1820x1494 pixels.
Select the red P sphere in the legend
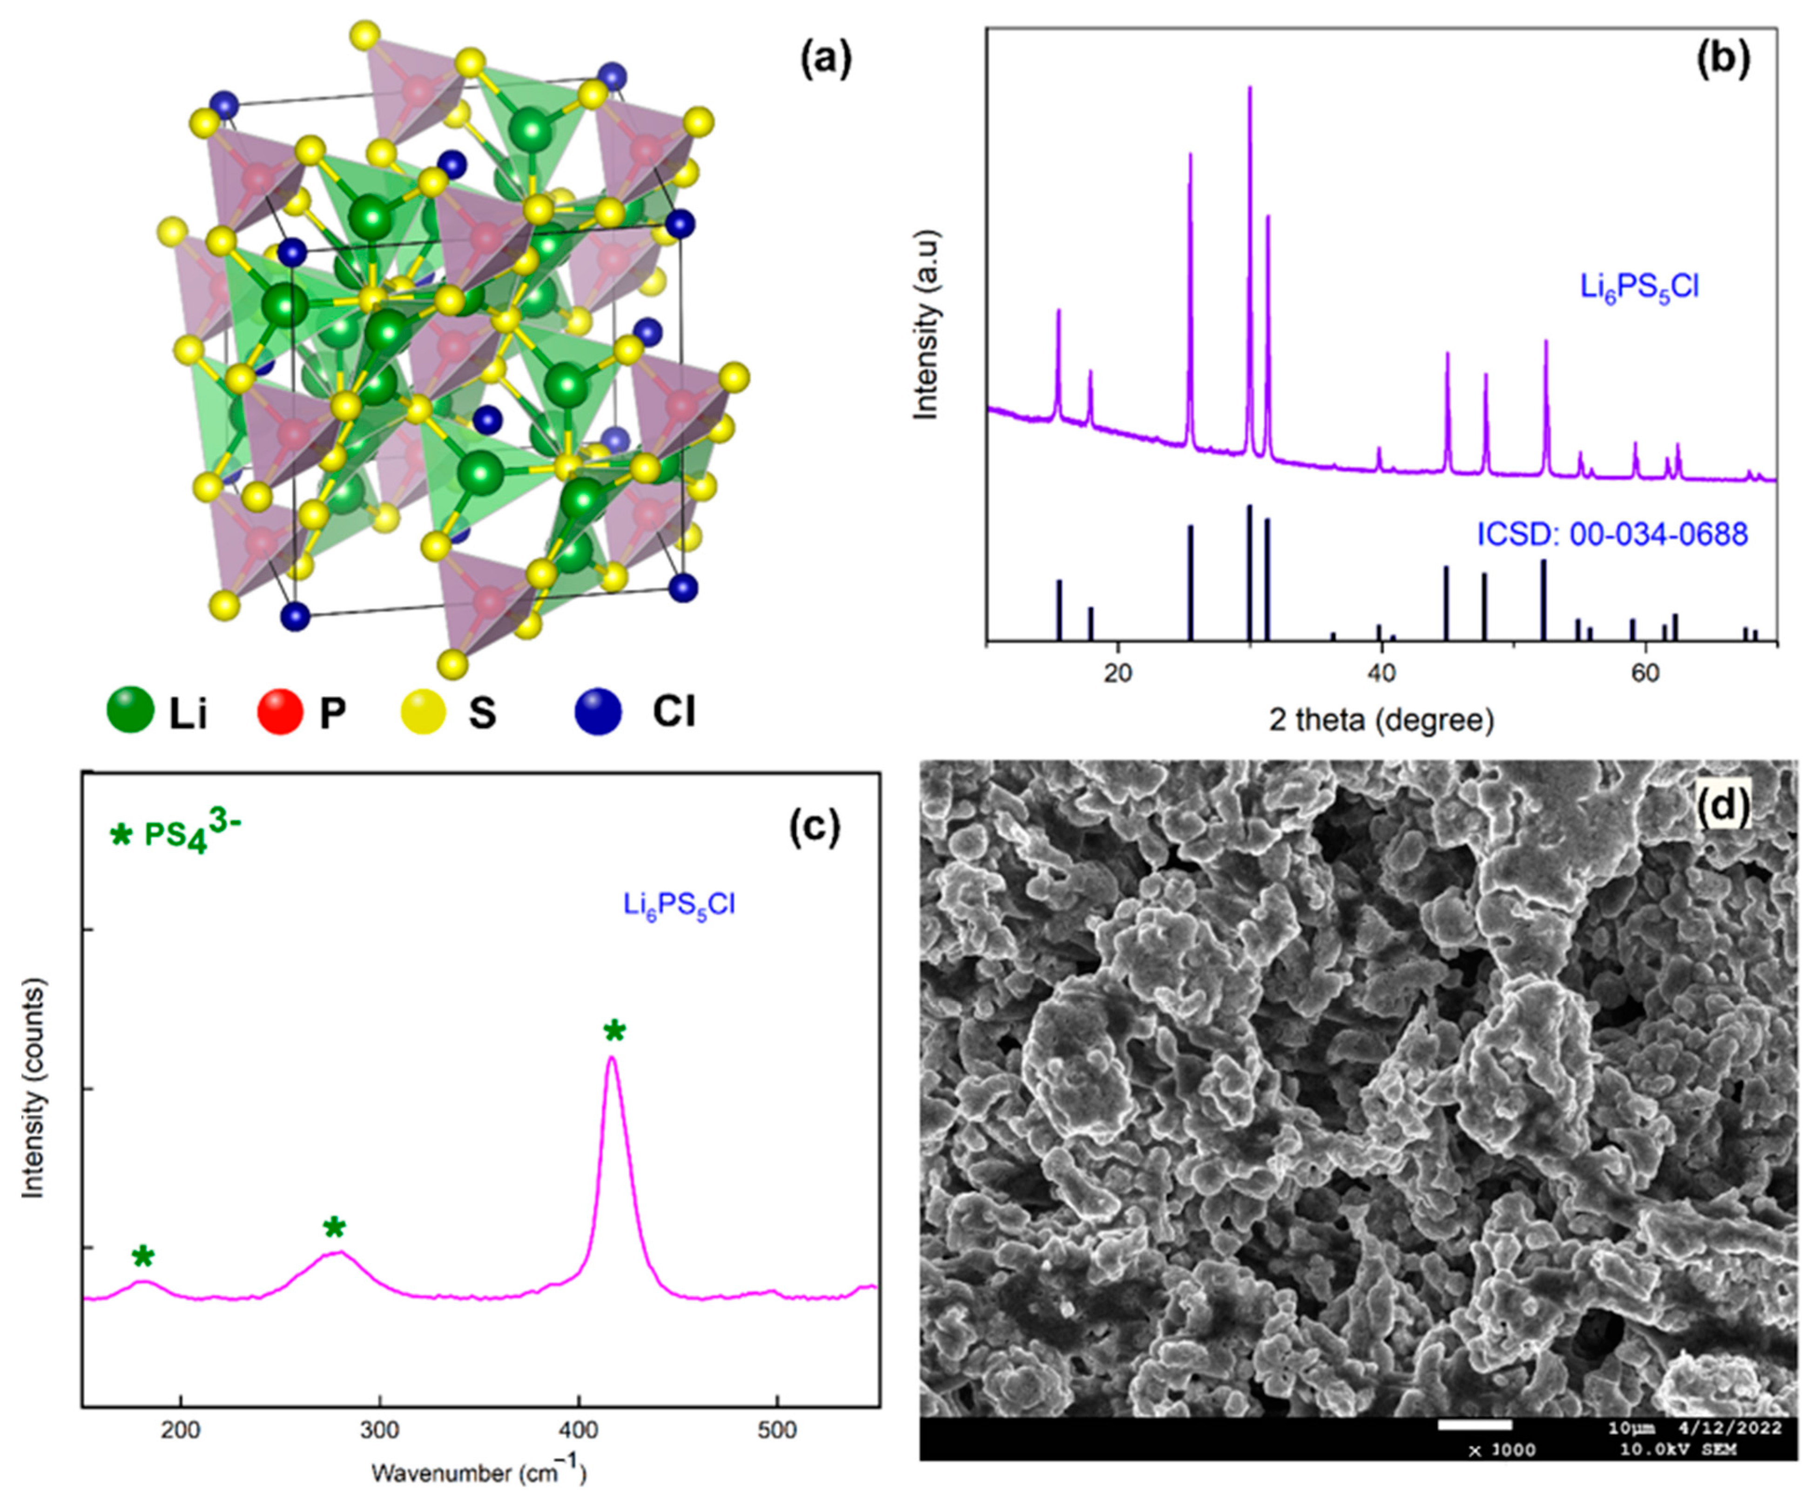[280, 712]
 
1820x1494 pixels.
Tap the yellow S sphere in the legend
[423, 712]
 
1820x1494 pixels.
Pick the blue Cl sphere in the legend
[599, 712]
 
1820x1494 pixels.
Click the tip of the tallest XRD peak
[1250, 87]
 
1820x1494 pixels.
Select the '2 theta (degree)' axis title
[1382, 720]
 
